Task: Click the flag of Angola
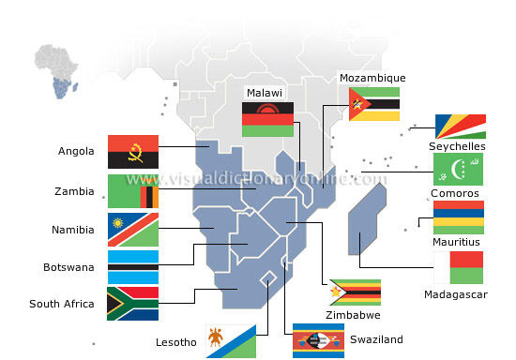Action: [132, 151]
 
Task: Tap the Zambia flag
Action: [132, 191]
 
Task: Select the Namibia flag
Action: [132, 230]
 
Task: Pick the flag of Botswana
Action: [132, 267]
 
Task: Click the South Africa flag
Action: [132, 304]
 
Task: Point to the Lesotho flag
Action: [232, 341]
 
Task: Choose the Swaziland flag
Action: [318, 340]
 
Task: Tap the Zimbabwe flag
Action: [354, 292]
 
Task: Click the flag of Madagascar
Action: [459, 267]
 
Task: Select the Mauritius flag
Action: [459, 217]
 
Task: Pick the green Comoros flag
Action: [459, 169]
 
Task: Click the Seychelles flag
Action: [460, 127]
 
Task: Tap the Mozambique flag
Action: [373, 104]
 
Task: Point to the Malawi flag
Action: [267, 119]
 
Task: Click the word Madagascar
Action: [456, 294]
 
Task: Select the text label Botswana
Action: [68, 267]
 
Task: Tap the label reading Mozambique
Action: [372, 78]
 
